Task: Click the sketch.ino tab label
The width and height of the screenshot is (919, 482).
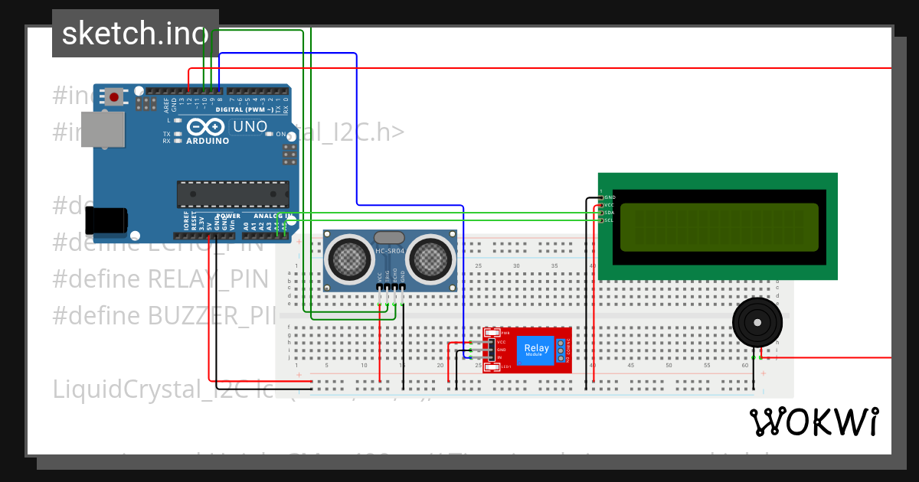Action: click(x=135, y=34)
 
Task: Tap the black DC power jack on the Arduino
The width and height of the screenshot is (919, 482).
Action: click(x=106, y=220)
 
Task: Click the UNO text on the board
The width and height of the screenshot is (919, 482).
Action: click(x=250, y=126)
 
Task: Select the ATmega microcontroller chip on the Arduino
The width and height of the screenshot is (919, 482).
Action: click(x=233, y=194)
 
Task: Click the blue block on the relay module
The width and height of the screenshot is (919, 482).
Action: click(x=536, y=350)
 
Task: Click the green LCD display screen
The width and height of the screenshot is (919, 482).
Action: click(x=718, y=227)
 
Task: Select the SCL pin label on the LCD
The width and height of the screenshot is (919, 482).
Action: click(x=609, y=220)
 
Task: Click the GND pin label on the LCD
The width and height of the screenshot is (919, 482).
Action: click(x=610, y=197)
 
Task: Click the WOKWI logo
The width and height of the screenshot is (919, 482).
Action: click(x=813, y=422)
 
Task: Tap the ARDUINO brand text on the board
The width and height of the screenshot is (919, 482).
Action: click(x=208, y=141)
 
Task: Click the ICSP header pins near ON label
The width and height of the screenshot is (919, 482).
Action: click(x=289, y=155)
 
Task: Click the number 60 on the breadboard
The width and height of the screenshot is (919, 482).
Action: click(x=745, y=366)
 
